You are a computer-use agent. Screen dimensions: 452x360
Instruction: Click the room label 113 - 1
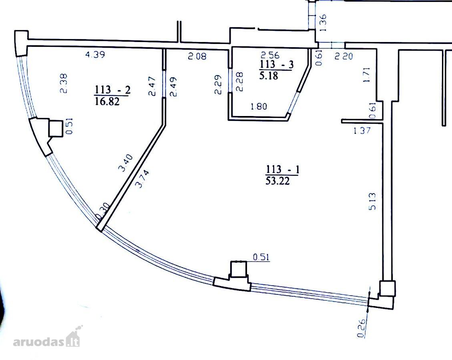(x=283, y=169)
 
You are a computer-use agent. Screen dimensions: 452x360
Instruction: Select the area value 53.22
(x=278, y=180)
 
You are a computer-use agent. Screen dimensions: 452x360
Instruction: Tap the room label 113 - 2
(x=113, y=90)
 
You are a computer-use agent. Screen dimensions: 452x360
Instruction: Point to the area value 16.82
(x=107, y=101)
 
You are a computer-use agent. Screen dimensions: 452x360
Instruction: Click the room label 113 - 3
(x=277, y=64)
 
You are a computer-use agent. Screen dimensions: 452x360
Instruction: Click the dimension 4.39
(x=95, y=54)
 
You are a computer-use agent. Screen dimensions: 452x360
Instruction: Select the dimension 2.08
(x=197, y=56)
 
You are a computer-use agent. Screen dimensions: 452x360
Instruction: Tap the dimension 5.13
(x=372, y=201)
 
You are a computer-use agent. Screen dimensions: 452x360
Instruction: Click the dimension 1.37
(x=362, y=130)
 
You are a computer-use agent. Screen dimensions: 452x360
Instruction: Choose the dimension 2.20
(x=344, y=56)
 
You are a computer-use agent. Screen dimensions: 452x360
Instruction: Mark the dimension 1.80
(x=259, y=106)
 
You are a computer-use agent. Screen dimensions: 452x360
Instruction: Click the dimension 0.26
(x=362, y=328)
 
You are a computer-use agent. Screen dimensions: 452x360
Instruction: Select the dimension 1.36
(x=323, y=23)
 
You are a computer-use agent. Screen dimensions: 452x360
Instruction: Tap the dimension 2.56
(x=270, y=54)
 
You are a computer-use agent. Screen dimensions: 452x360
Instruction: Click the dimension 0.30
(x=102, y=211)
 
